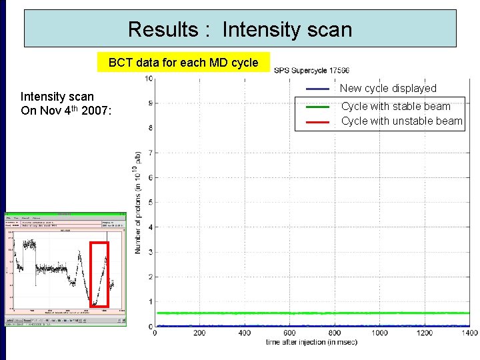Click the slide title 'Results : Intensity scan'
[239, 29]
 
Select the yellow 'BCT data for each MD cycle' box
[183, 63]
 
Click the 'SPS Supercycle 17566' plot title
[311, 71]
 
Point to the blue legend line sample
[317, 89]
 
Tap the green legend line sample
[317, 107]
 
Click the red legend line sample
[317, 122]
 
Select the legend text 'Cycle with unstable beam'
[401, 121]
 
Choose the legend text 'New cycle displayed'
[388, 89]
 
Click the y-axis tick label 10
[149, 79]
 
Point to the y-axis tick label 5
[151, 203]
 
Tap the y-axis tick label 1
[151, 302]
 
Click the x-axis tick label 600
[289, 333]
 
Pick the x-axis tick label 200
[199, 333]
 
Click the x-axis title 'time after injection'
[312, 343]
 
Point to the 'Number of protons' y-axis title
[139, 202]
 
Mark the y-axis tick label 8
[151, 128]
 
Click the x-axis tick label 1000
[379, 333]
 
